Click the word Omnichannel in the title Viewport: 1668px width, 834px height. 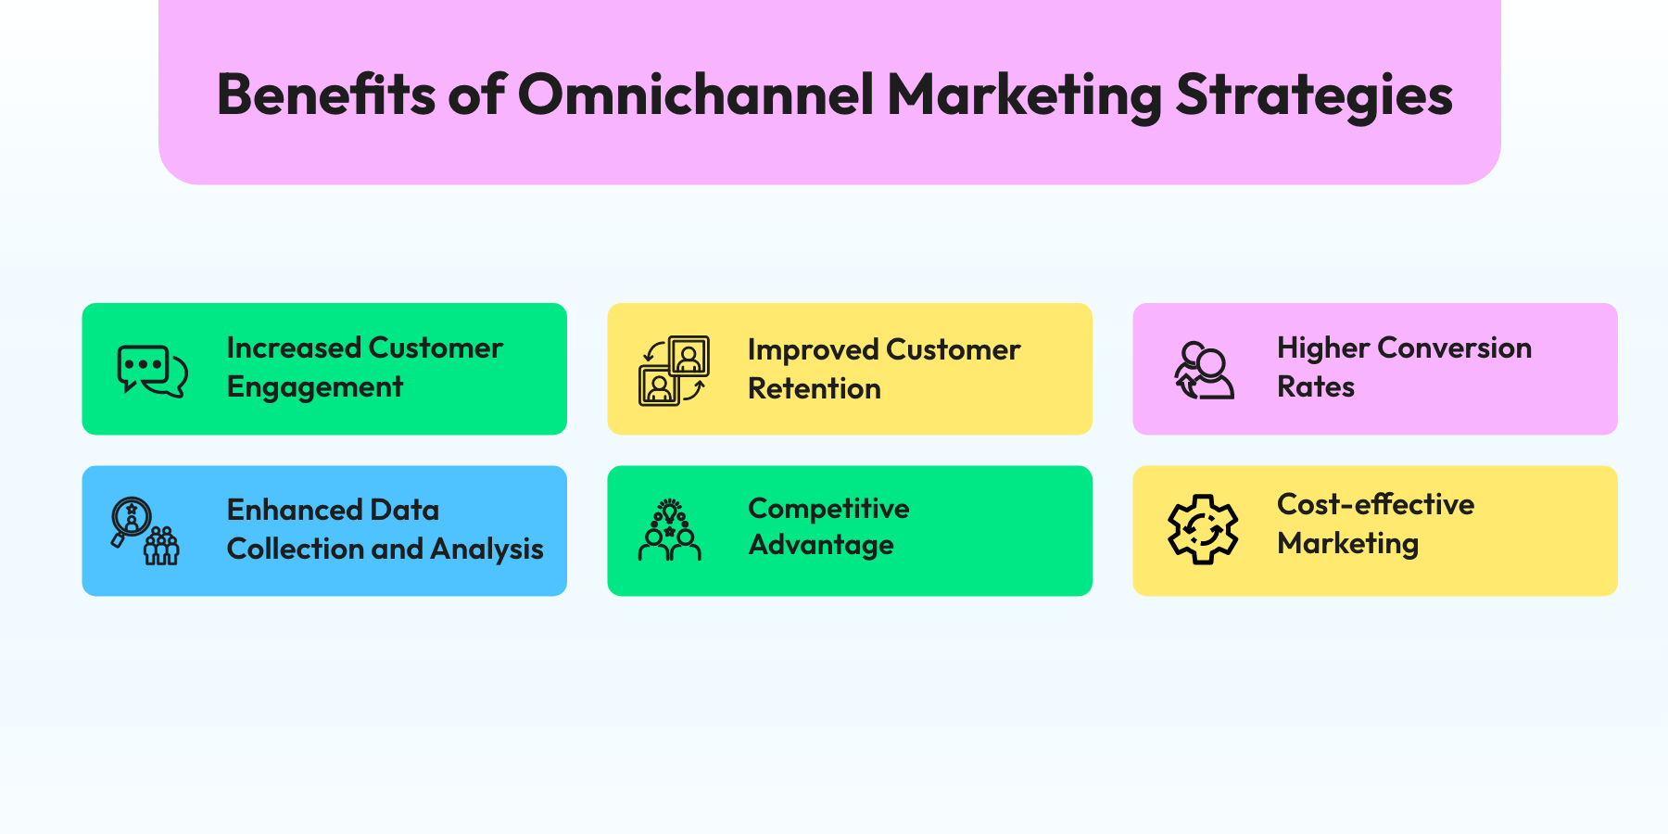tap(695, 95)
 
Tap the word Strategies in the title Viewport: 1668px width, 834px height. tap(1314, 96)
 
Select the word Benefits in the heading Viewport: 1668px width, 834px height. tap(325, 95)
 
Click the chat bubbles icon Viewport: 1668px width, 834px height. tap(152, 371)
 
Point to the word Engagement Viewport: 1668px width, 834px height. tap(315, 387)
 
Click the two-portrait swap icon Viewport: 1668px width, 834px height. tap(674, 371)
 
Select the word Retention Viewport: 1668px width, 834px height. tap(814, 388)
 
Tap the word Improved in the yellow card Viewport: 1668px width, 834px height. tap(812, 349)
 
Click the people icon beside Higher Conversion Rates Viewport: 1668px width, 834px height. tap(1203, 371)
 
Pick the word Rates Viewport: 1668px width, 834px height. tap(1315, 386)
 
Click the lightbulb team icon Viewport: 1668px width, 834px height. tap(669, 530)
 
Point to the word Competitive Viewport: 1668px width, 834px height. tap(828, 509)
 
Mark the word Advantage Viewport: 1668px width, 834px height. tap(820, 546)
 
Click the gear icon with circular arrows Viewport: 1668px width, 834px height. tap(1203, 529)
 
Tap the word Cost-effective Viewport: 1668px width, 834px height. tap(1375, 504)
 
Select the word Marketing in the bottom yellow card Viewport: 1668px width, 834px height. tap(1347, 544)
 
